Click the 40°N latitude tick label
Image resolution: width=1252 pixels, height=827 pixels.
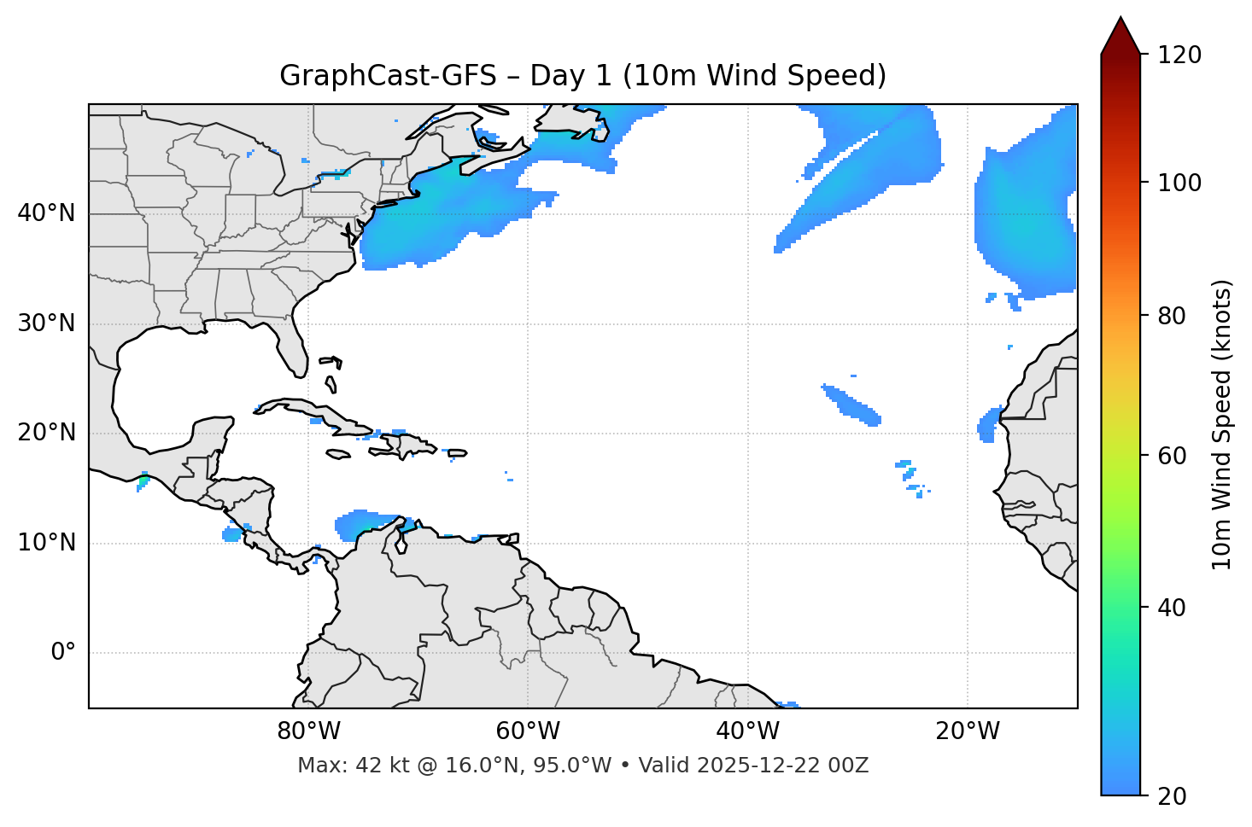[x=46, y=213]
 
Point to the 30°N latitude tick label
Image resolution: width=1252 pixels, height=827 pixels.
[x=46, y=323]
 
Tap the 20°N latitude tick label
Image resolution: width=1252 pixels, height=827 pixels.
[x=46, y=433]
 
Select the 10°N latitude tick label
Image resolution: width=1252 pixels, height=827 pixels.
[x=46, y=543]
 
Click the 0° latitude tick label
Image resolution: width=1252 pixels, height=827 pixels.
[x=63, y=653]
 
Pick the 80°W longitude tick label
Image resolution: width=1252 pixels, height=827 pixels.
[x=308, y=731]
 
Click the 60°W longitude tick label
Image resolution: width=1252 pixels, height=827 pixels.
[x=528, y=731]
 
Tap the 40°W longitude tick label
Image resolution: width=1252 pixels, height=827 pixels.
[x=748, y=731]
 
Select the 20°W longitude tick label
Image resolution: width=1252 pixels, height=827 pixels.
[x=968, y=731]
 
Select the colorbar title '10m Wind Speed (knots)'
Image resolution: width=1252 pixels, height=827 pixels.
[x=1222, y=424]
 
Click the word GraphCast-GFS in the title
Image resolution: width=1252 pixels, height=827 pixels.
[x=388, y=76]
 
